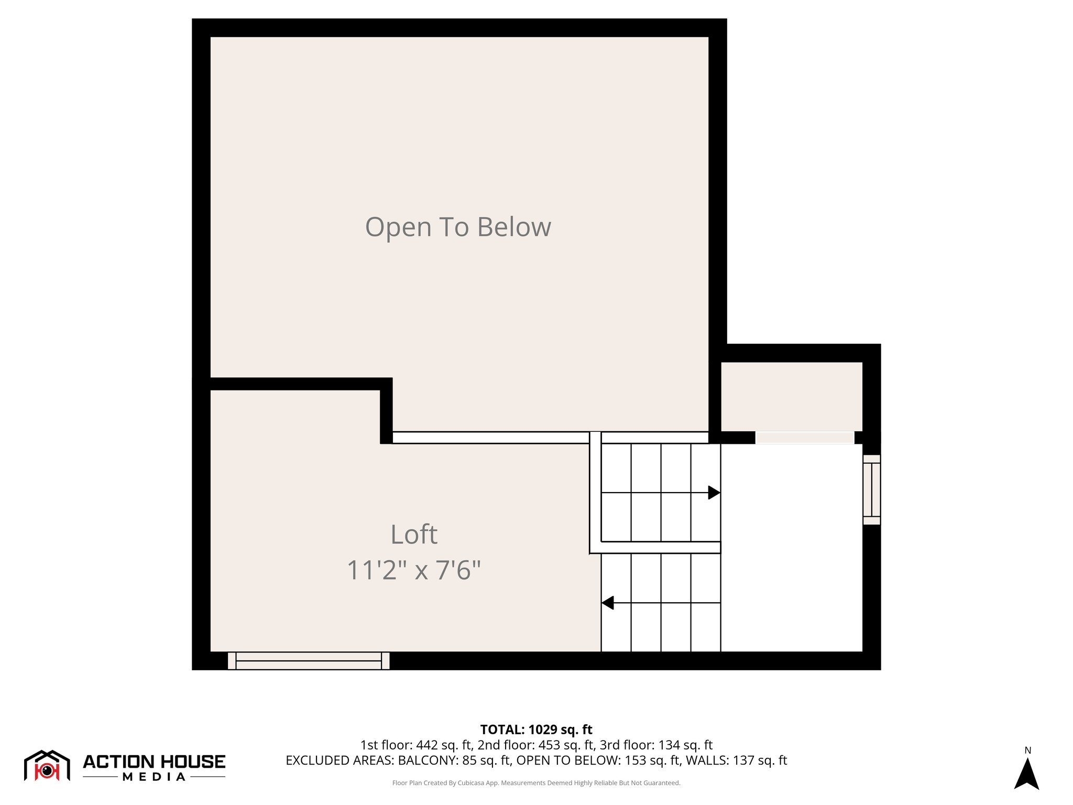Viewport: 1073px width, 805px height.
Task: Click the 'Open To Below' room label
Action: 458,227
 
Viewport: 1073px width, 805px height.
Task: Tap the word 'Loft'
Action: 414,535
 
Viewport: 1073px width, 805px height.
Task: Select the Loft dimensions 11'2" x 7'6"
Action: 414,570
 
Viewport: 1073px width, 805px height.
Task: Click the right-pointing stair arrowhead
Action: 714,493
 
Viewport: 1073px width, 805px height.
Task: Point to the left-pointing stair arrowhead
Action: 608,603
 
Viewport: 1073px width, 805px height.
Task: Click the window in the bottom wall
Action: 309,661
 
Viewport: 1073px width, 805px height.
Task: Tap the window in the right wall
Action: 871,489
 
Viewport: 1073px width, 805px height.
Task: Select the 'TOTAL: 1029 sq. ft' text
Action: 536,730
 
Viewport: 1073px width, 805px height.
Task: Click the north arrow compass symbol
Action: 1026,774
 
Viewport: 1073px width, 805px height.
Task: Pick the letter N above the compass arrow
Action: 1027,750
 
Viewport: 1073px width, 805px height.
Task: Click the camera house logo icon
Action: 47,766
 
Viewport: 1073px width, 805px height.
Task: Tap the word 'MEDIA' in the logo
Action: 154,777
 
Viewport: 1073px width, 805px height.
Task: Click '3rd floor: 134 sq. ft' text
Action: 656,745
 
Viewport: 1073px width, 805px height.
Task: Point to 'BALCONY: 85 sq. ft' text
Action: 454,760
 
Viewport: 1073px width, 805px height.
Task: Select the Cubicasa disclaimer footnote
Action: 536,783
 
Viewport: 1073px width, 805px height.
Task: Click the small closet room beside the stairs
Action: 791,396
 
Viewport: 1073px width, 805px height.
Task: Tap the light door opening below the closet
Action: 805,438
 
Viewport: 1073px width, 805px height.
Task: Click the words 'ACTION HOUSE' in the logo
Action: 154,762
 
